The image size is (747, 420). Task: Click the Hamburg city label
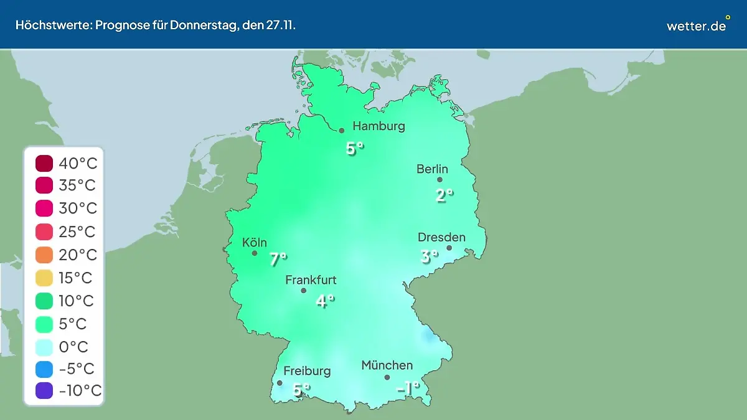[378, 126]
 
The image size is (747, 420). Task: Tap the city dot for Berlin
[439, 180]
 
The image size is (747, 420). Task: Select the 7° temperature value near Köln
[278, 259]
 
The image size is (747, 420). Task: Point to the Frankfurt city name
[311, 280]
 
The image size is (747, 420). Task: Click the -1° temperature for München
[408, 388]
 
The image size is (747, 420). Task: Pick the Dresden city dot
[449, 248]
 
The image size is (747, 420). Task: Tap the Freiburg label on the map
[307, 371]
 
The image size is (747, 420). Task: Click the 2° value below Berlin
[443, 195]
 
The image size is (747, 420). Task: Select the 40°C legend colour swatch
[45, 164]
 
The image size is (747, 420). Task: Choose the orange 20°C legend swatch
[45, 255]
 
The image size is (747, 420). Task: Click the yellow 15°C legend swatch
[45, 278]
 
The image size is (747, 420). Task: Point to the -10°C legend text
[80, 391]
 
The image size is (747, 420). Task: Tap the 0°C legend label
[73, 347]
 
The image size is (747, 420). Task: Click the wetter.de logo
[696, 26]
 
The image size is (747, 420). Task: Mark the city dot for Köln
[255, 253]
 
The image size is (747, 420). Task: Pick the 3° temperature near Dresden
[429, 256]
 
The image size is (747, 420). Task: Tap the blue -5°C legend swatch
[45, 369]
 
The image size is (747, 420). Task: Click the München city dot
[387, 377]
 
